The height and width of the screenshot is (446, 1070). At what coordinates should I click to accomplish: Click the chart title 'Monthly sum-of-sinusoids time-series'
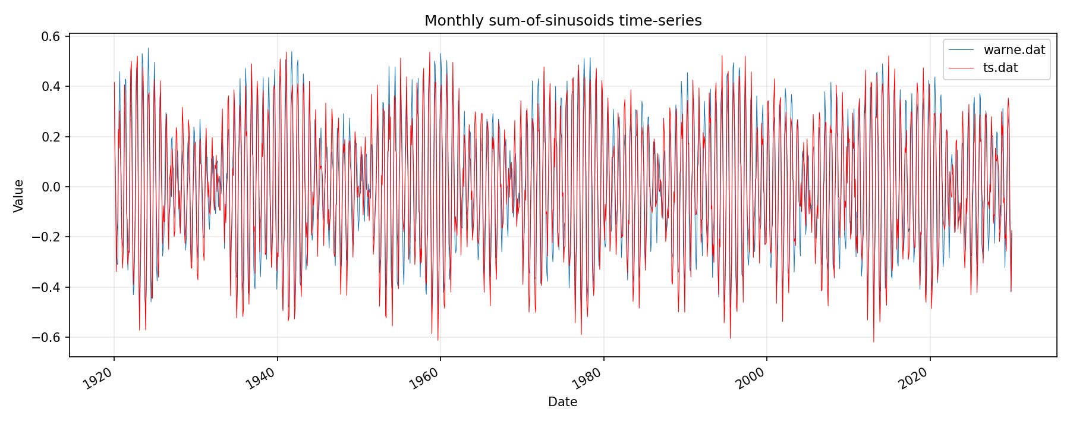tap(563, 21)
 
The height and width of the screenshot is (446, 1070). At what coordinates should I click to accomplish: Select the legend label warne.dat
tap(1014, 50)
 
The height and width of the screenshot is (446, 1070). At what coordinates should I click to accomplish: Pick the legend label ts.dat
tap(1000, 68)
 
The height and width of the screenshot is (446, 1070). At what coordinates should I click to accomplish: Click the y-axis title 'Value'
tap(19, 196)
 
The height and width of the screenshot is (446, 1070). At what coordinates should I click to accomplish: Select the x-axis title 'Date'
tap(562, 402)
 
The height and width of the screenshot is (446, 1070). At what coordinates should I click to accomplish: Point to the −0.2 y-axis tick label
tap(48, 237)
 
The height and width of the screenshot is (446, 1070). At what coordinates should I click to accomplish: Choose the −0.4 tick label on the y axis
tap(48, 288)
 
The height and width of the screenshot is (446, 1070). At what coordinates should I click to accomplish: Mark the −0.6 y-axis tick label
tap(48, 338)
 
